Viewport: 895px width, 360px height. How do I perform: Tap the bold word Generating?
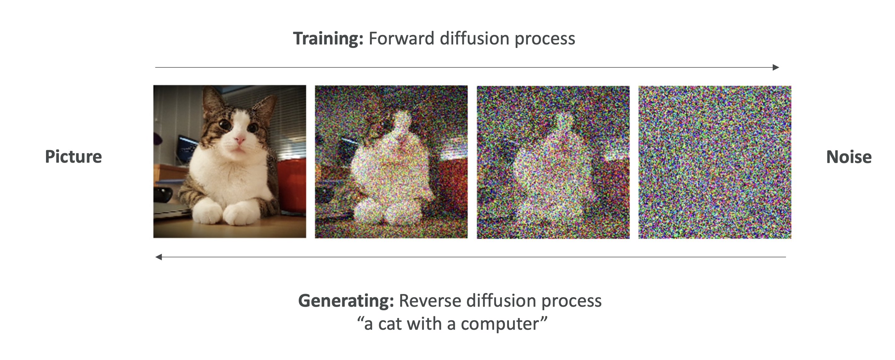click(x=346, y=301)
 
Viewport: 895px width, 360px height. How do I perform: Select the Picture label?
click(x=73, y=157)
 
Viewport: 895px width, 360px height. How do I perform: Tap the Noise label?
click(x=849, y=157)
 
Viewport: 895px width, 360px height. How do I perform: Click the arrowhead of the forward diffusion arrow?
click(x=776, y=67)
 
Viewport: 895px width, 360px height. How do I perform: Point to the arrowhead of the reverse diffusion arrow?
click(x=159, y=257)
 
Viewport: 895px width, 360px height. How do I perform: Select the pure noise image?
click(x=715, y=162)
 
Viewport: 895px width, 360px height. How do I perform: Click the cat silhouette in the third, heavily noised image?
click(x=552, y=170)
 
